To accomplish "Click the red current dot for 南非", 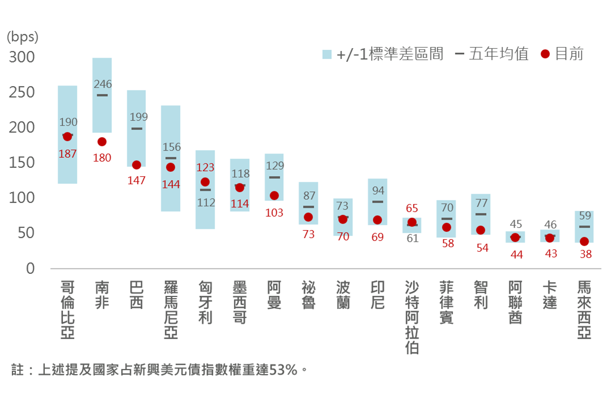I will (x=102, y=142).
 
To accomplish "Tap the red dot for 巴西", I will (x=137, y=165).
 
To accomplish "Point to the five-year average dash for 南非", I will (x=102, y=95).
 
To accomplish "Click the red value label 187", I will (x=68, y=154).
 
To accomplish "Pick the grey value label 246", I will (x=103, y=84).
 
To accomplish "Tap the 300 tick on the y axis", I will (x=22, y=57).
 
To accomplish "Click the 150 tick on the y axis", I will (x=22, y=163).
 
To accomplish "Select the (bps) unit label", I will (x=23, y=37).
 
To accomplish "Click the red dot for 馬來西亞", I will (x=584, y=241).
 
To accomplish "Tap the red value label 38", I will (x=585, y=255).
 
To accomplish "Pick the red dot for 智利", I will (x=481, y=230).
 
